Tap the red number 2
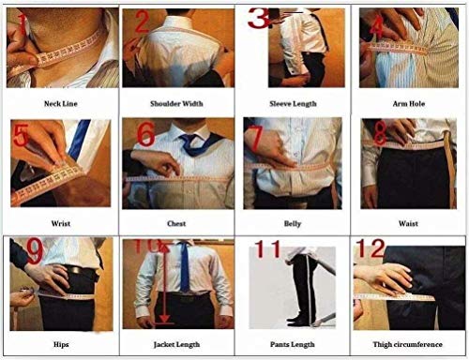tap(143, 22)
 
